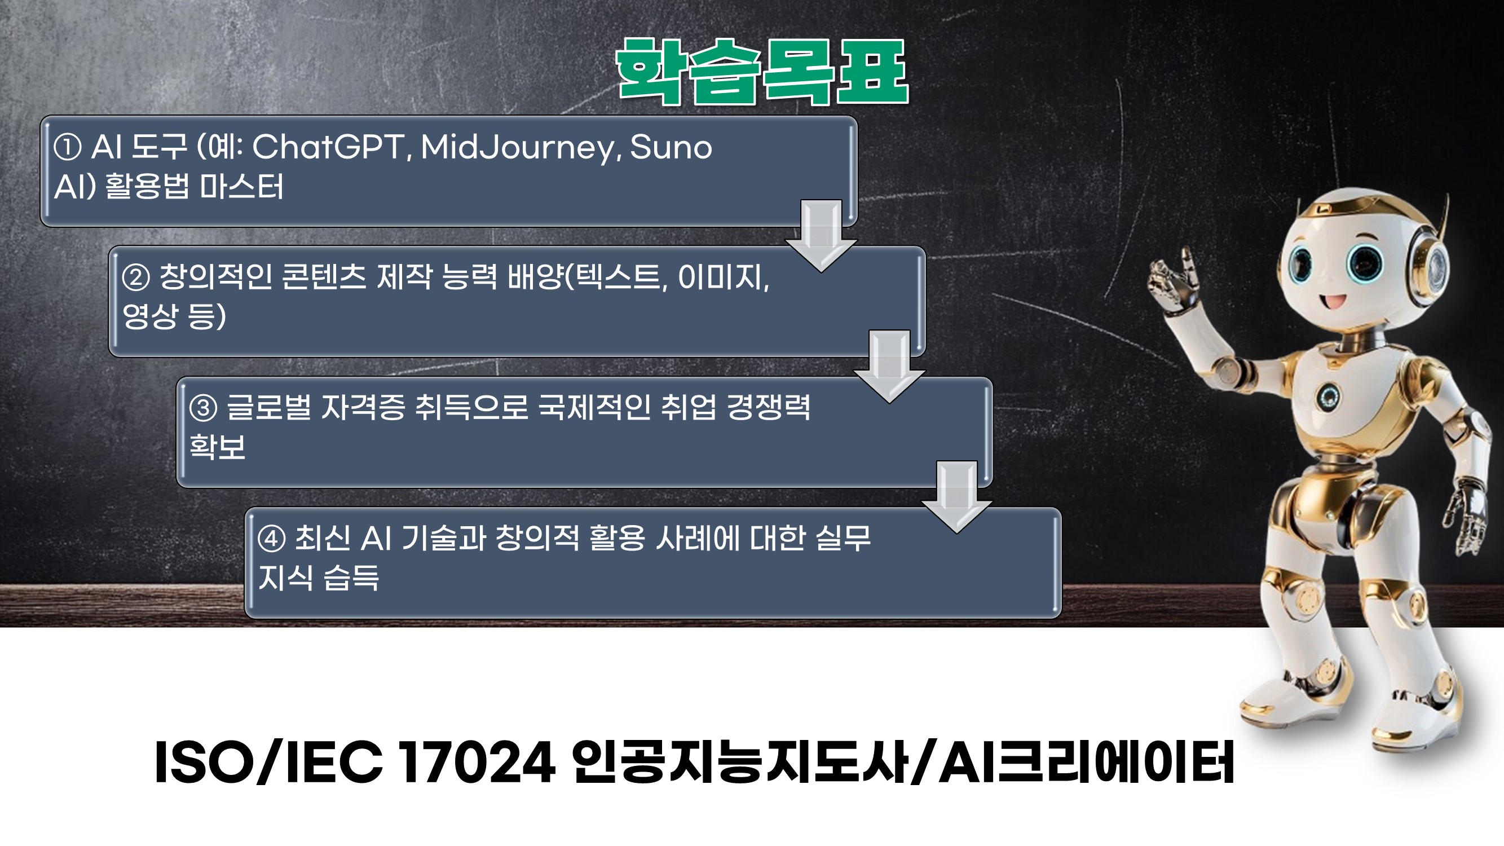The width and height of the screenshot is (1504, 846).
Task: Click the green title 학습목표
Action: pos(762,72)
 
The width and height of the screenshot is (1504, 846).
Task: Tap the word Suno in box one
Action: pos(671,147)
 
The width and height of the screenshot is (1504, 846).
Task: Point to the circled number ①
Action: pos(67,147)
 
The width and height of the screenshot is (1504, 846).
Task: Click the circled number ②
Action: pos(136,278)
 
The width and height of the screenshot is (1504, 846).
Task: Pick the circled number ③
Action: pos(203,408)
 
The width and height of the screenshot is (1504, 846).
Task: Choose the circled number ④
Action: pos(271,539)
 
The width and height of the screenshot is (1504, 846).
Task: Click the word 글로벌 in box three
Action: pos(268,407)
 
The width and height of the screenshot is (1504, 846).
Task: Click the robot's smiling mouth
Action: pos(1333,302)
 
